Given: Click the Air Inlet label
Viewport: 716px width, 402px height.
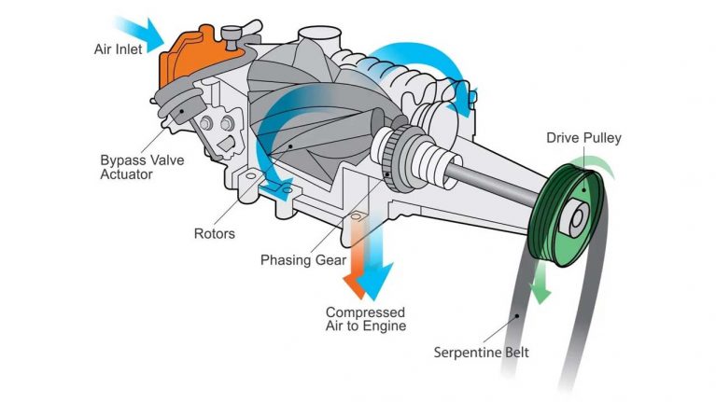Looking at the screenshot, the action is point(118,49).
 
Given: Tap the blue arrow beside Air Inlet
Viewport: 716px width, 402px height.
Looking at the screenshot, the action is point(142,33).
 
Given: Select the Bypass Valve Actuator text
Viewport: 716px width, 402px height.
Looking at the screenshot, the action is point(142,167).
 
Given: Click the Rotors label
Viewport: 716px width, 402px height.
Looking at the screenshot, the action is point(214,233).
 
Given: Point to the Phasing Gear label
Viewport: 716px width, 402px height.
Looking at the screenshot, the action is point(303,260).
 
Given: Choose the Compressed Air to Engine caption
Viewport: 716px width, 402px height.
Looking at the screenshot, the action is point(365,319).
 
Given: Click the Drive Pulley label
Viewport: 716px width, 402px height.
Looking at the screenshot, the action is point(583,138).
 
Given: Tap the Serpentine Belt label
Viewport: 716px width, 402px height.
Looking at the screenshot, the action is point(481,353).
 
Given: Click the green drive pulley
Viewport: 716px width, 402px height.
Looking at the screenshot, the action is point(568,215).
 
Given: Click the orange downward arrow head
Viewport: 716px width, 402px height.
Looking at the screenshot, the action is point(355,286).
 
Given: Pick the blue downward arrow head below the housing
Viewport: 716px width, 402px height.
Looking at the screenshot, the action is point(375,281).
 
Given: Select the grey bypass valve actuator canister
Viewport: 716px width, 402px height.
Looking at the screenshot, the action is point(179,105).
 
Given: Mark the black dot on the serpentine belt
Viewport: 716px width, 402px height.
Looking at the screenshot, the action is point(517,315).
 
